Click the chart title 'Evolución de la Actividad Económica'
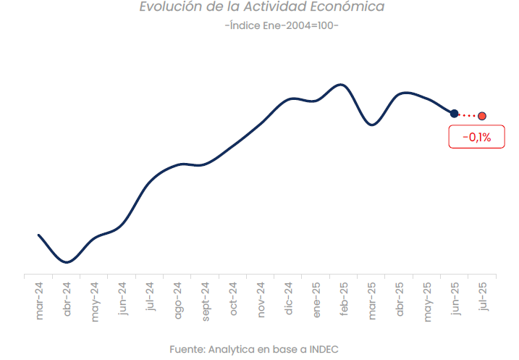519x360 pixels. pos(261,7)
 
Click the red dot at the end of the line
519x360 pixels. pos(482,116)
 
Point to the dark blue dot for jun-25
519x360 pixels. pos(454,113)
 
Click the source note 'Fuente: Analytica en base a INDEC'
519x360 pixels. pos(254,349)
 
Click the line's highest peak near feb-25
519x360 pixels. pos(341,84)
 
